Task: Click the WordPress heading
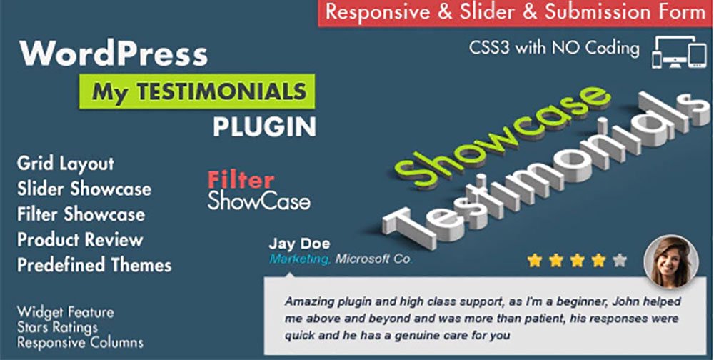tap(114, 54)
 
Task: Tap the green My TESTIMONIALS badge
tap(197, 91)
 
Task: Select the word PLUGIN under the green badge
tap(265, 126)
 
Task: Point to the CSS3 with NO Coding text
tap(554, 48)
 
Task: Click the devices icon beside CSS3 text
tap(679, 52)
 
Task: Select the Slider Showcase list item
tap(84, 189)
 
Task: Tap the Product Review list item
tap(80, 240)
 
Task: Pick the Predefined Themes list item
tap(94, 265)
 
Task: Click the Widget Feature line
tap(66, 313)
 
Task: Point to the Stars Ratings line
tap(57, 328)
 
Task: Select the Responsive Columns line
tap(80, 342)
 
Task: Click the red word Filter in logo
tap(241, 181)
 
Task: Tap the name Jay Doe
tap(300, 244)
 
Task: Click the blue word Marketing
tap(301, 259)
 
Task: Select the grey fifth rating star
tap(620, 261)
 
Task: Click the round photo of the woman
tap(670, 261)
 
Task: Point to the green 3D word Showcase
tap(502, 136)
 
